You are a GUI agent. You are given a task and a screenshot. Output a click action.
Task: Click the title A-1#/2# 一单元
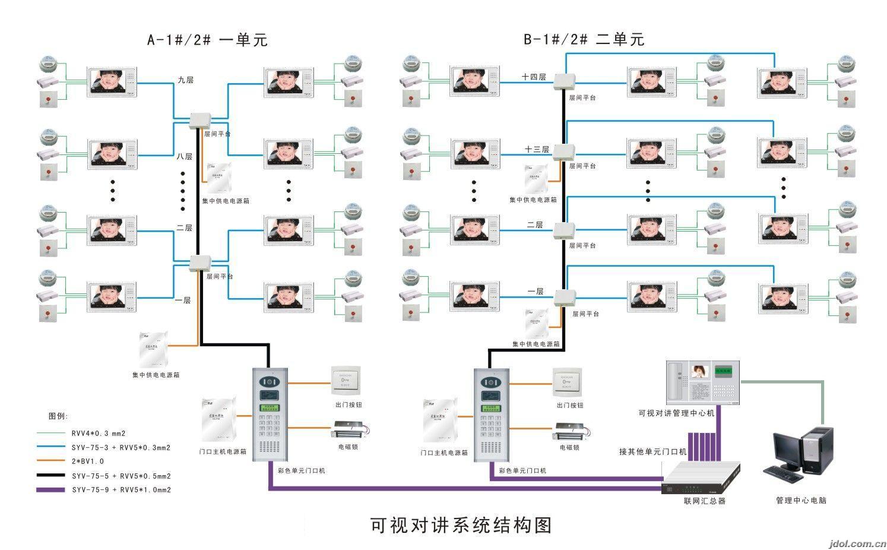[207, 40]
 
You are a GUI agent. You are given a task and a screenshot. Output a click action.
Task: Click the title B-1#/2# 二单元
[583, 40]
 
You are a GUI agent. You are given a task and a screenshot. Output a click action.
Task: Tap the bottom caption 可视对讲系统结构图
[461, 525]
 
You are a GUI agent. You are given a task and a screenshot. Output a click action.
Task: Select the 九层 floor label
[185, 80]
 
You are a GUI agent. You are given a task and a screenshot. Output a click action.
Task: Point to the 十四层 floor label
[533, 77]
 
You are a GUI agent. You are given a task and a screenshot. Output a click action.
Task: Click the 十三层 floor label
[536, 149]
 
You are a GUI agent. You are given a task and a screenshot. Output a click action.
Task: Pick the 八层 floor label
[184, 157]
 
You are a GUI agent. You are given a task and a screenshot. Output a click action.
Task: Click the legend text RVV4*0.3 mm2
[99, 434]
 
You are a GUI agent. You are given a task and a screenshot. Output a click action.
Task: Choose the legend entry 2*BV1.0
[88, 462]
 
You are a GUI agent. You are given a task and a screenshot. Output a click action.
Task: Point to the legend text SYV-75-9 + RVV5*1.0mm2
[121, 490]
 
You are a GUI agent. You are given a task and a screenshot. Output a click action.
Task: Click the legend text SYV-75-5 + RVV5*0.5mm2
[121, 476]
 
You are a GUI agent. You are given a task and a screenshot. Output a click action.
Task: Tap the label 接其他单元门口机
[652, 452]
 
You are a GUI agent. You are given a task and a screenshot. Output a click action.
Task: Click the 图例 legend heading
[58, 416]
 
